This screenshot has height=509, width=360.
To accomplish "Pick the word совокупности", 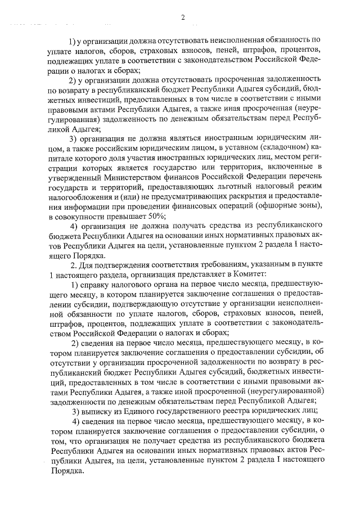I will pos(82,217).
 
